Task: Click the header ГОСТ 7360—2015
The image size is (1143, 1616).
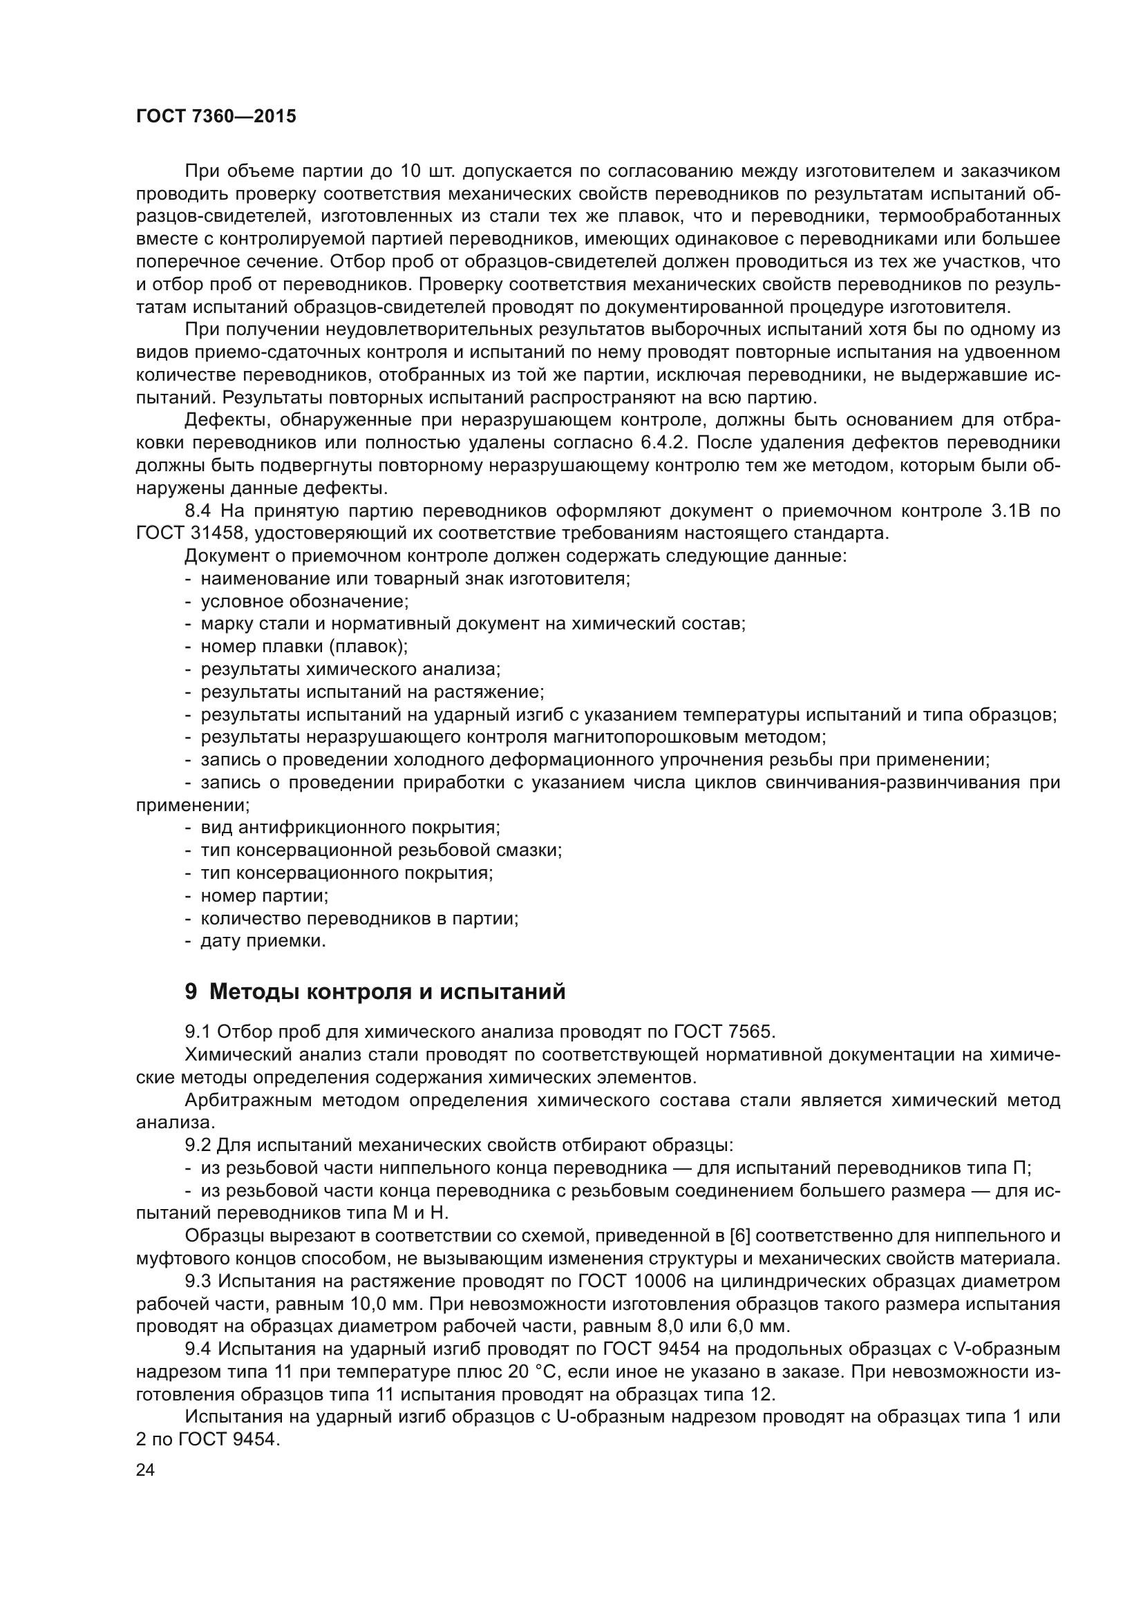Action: pos(216,117)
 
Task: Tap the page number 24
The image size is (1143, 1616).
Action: pos(145,1470)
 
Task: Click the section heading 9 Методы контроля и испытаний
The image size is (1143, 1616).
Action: pos(375,991)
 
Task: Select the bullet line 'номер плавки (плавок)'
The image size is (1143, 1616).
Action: pos(304,646)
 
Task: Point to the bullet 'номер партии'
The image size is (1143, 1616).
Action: pos(265,895)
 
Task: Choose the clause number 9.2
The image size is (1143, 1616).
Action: pos(198,1145)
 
